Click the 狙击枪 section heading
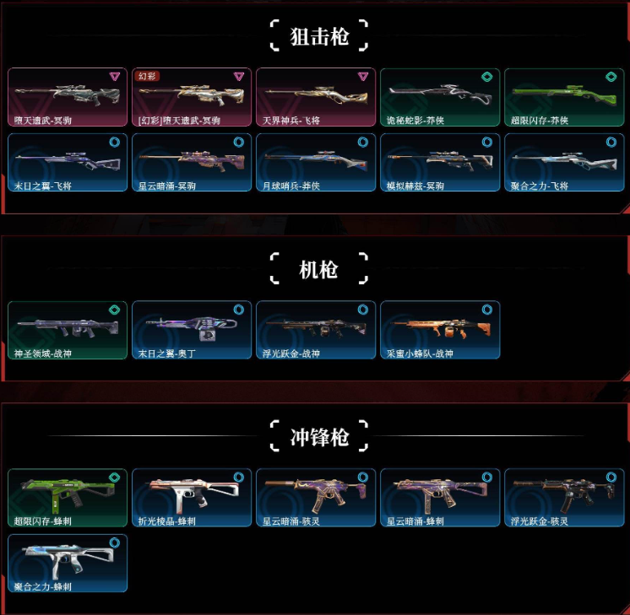pos(319,36)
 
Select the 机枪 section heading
pos(319,269)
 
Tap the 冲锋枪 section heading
pos(319,437)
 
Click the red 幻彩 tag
pos(149,76)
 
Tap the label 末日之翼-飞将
pos(42,186)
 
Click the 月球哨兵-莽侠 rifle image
pos(314,160)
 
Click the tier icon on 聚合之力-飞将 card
pos(611,142)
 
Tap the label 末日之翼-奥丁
pos(166,353)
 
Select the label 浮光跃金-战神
pos(291,353)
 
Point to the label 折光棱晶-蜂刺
pos(166,521)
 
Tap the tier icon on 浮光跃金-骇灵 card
pos(611,477)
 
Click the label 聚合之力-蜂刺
pos(42,586)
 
